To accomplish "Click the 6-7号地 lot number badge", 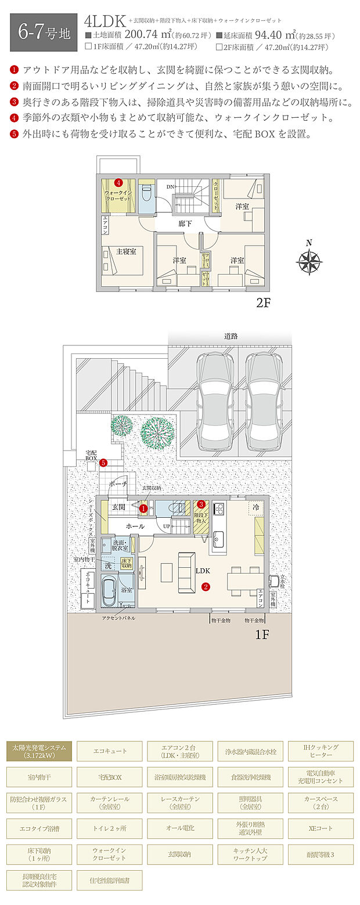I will click(44, 31).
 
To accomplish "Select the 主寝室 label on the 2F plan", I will click(126, 251).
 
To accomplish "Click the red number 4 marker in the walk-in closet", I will click(118, 182).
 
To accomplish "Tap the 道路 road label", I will click(231, 336).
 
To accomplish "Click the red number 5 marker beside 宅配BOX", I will click(103, 463).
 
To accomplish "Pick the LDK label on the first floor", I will click(203, 571).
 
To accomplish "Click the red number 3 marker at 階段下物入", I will click(201, 504).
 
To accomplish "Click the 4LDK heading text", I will click(105, 21).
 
